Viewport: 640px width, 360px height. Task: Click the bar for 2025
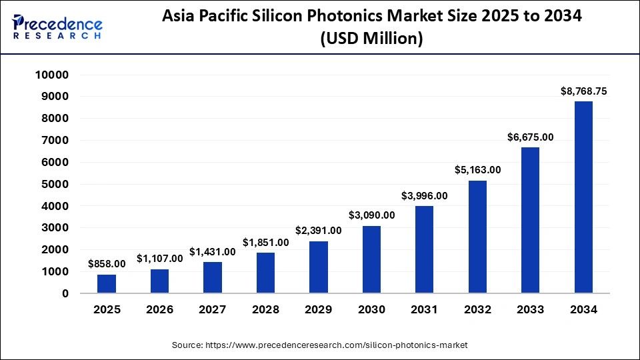(x=107, y=284)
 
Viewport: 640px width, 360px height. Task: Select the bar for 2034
(x=583, y=197)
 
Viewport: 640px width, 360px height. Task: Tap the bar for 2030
(x=371, y=259)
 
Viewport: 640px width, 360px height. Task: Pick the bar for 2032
(x=477, y=237)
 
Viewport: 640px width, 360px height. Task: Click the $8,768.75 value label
(x=583, y=91)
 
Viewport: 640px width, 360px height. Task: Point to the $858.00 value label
(x=107, y=264)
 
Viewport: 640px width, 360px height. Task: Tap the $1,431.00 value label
(x=213, y=251)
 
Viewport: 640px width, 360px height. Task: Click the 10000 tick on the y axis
(x=52, y=75)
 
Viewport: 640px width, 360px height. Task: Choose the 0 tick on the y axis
(x=65, y=293)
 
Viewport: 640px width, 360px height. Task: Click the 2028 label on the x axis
(x=265, y=309)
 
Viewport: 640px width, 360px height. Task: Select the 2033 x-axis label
(x=530, y=309)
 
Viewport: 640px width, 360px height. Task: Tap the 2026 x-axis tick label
(x=159, y=309)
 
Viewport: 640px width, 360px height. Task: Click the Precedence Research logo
(x=57, y=27)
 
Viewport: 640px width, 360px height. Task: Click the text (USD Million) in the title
(x=372, y=39)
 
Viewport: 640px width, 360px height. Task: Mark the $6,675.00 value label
(x=530, y=137)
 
